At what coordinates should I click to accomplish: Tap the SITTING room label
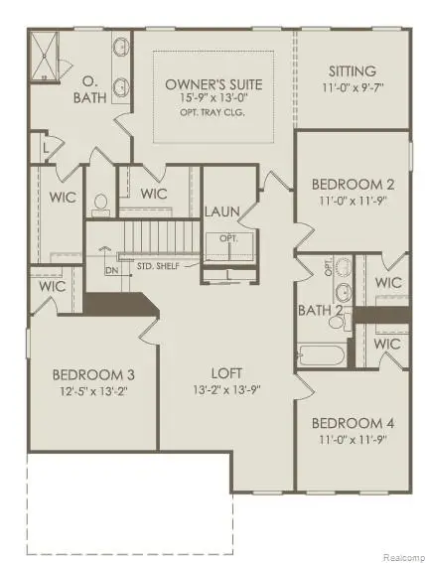[x=352, y=71]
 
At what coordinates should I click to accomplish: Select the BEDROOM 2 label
[x=354, y=184]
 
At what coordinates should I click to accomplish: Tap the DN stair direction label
[x=111, y=270]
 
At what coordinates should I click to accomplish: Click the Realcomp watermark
[x=399, y=553]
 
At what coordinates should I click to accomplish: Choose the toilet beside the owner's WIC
[x=100, y=205]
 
